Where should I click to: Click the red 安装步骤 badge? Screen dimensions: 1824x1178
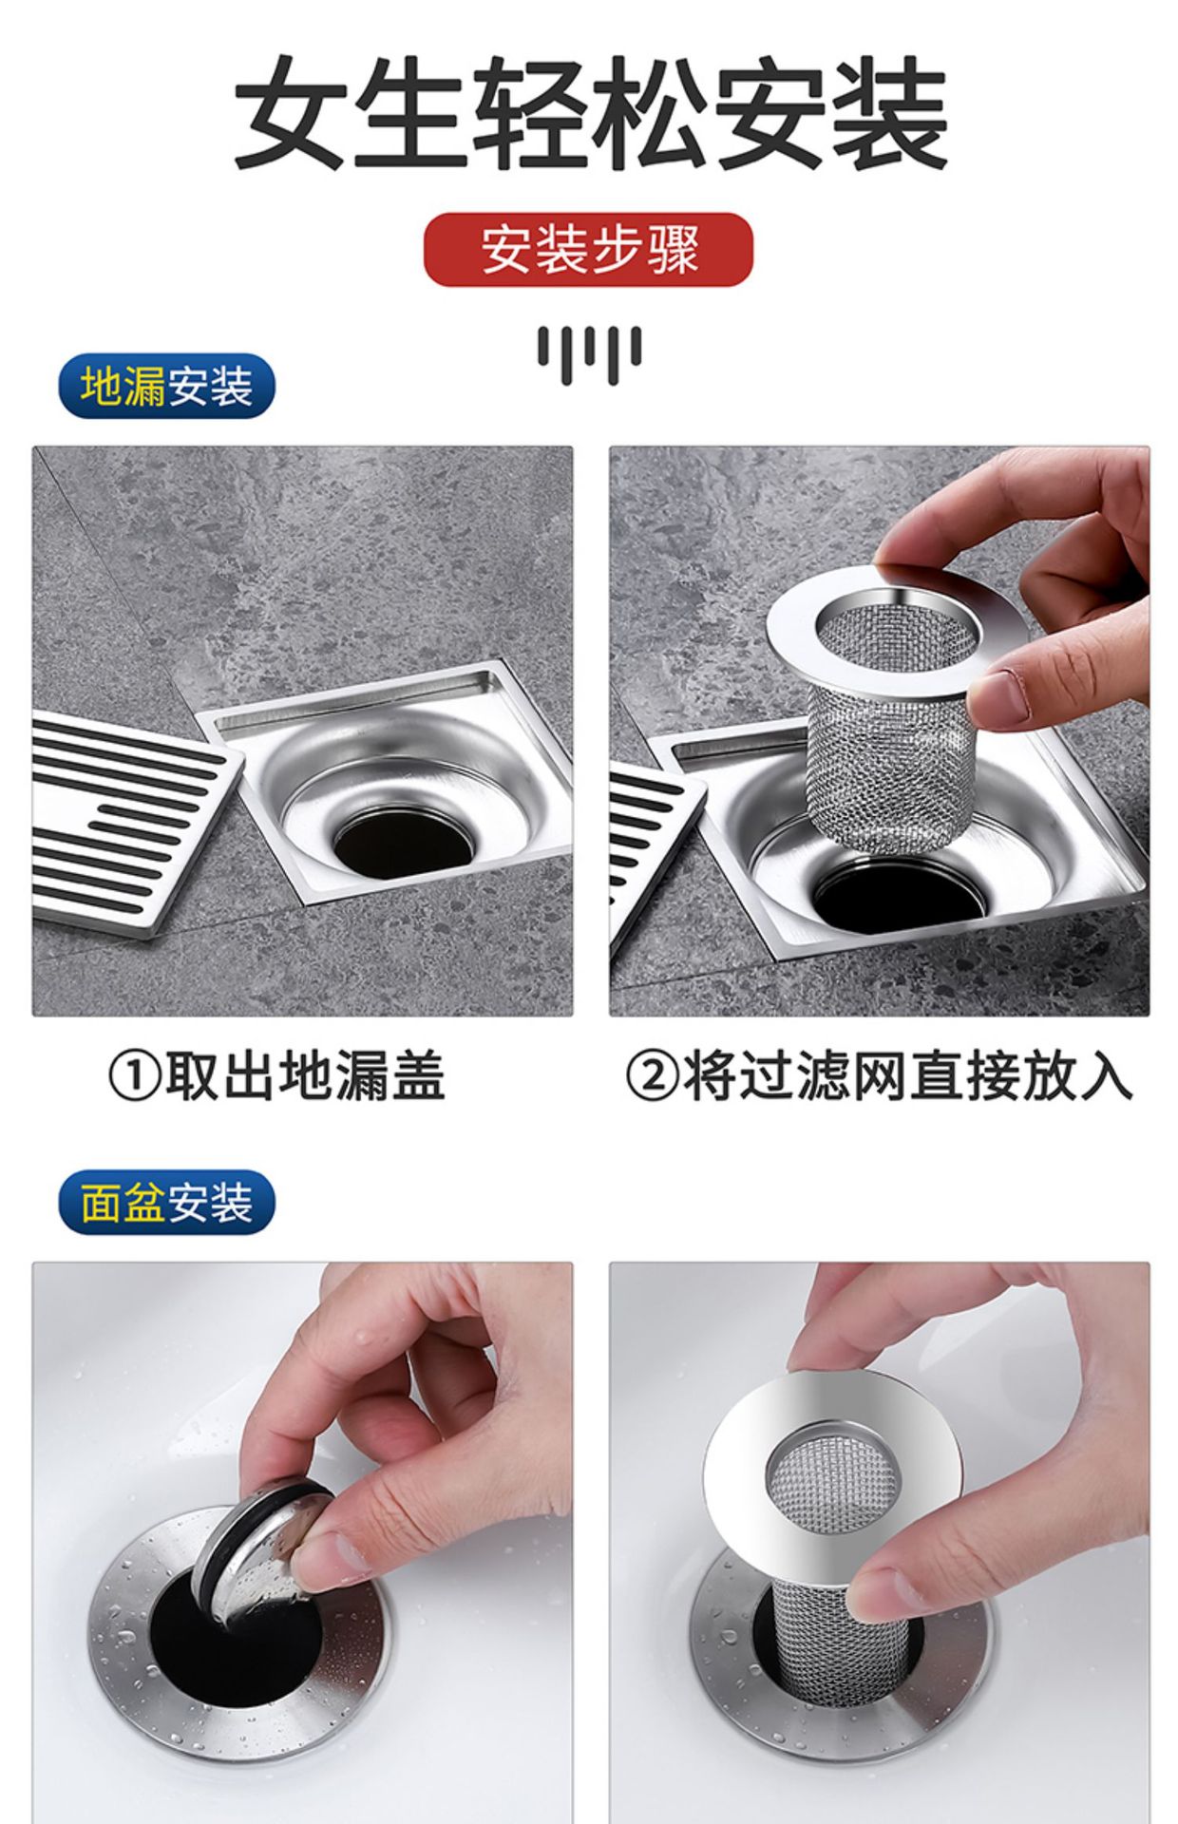click(588, 250)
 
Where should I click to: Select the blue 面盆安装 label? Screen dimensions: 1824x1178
click(166, 1203)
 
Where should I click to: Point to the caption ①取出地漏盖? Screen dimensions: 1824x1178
click(275, 1076)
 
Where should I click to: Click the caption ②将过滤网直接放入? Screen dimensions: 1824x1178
click(879, 1076)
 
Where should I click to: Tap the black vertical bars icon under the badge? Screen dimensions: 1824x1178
click(589, 353)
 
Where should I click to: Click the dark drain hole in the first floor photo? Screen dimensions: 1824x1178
click(403, 845)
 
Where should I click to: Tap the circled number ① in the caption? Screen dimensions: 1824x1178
click(134, 1077)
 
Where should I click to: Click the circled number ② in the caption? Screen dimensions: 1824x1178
click(652, 1077)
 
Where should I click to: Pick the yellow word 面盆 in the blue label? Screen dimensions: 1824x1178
click(123, 1203)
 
